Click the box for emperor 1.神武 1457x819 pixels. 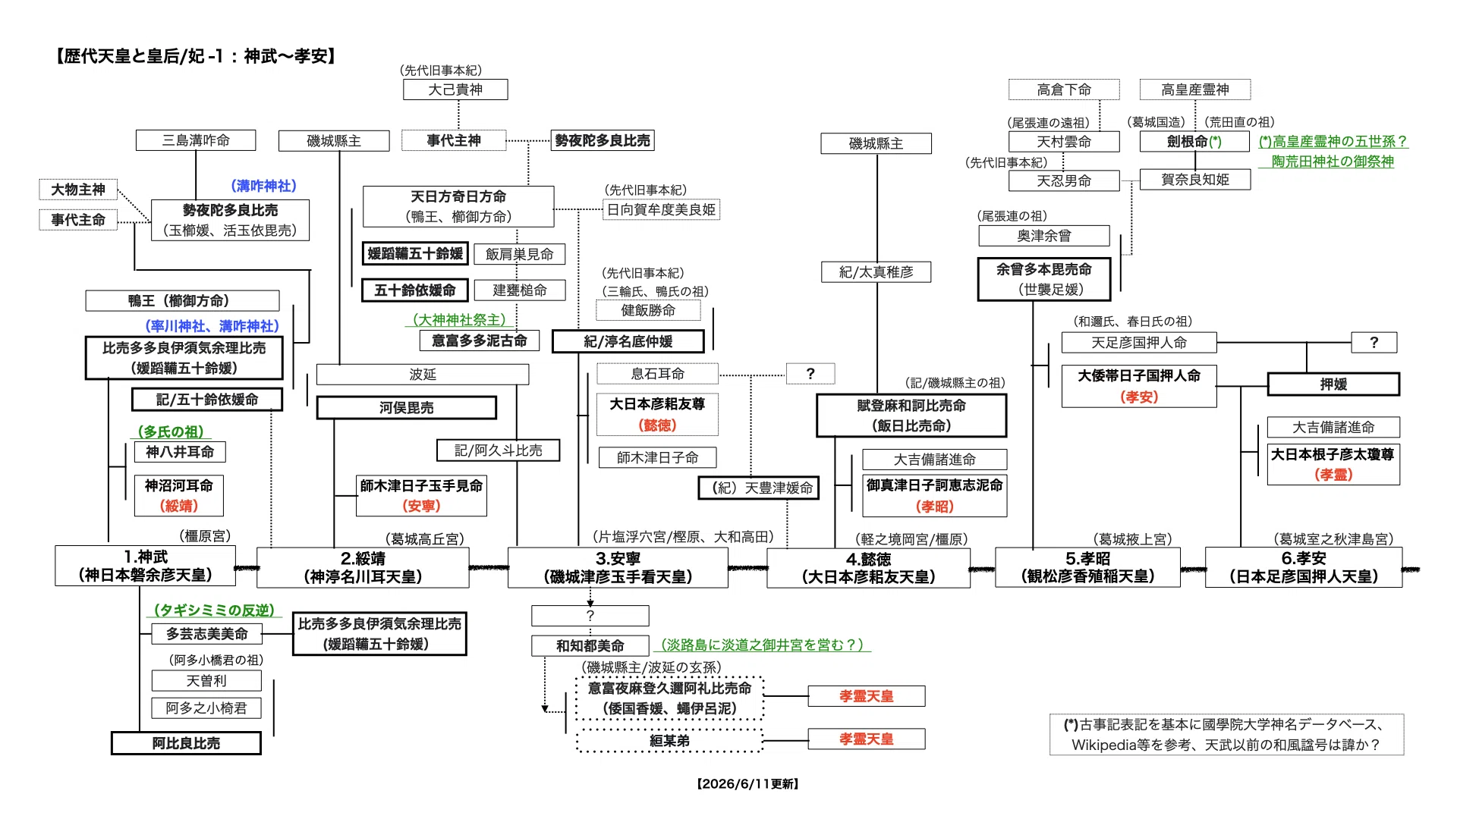coord(145,566)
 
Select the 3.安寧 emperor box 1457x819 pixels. coord(618,567)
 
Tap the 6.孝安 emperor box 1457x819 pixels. coord(1304,567)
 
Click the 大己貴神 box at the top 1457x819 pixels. coord(455,89)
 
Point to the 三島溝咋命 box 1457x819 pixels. coord(196,140)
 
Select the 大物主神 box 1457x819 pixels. coord(78,190)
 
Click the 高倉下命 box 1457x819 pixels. coord(1064,89)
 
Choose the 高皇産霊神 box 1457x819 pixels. coord(1195,89)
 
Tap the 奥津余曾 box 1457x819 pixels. coord(1044,236)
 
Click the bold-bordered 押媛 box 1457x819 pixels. coord(1333,384)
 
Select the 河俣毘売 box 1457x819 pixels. coord(407,408)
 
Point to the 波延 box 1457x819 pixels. coord(423,375)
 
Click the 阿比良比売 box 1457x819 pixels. coord(186,743)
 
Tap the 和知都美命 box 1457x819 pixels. coord(590,645)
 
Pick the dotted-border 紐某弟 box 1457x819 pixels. coord(669,741)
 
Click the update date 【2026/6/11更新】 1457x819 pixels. coord(747,784)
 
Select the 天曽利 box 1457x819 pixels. coord(206,681)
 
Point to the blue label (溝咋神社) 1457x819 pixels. coord(263,186)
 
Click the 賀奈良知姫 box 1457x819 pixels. coord(1195,180)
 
